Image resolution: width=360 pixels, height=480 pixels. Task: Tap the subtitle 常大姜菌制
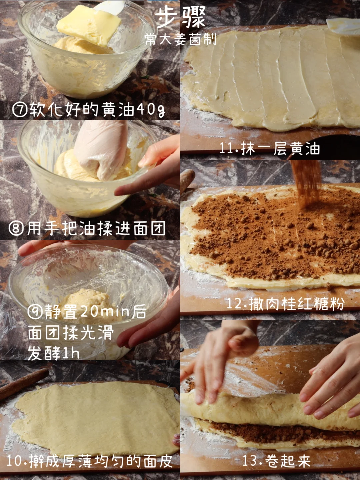click(181, 39)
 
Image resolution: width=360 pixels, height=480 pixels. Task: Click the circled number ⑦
click(20, 109)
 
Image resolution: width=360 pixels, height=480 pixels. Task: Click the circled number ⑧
click(16, 228)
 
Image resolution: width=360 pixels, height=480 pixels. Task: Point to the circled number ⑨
click(35, 311)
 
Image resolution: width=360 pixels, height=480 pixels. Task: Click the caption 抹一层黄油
click(280, 148)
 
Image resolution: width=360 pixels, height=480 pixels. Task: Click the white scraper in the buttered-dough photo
click(343, 26)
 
